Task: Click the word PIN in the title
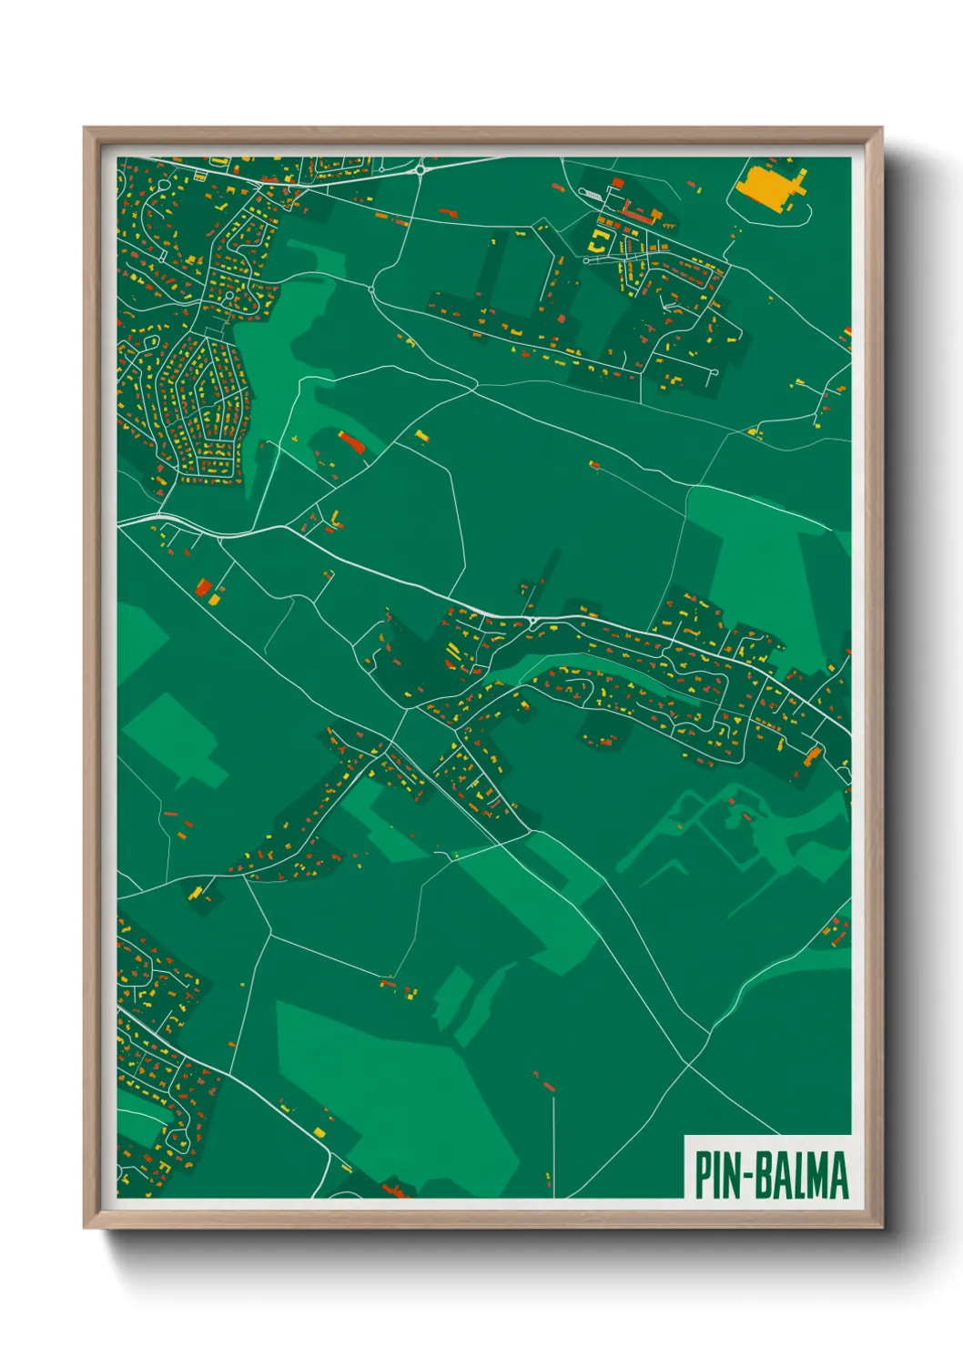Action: point(717,1175)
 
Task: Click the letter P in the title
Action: point(703,1175)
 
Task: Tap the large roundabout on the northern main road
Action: point(421,168)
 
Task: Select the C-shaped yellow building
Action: point(600,240)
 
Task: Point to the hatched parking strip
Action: point(592,195)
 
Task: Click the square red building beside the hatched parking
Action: point(617,183)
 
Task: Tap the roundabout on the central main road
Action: point(532,623)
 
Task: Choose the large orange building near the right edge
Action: point(813,755)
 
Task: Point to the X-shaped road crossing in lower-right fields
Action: point(690,1061)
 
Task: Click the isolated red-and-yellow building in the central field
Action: point(594,465)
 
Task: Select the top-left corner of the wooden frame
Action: point(85,128)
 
